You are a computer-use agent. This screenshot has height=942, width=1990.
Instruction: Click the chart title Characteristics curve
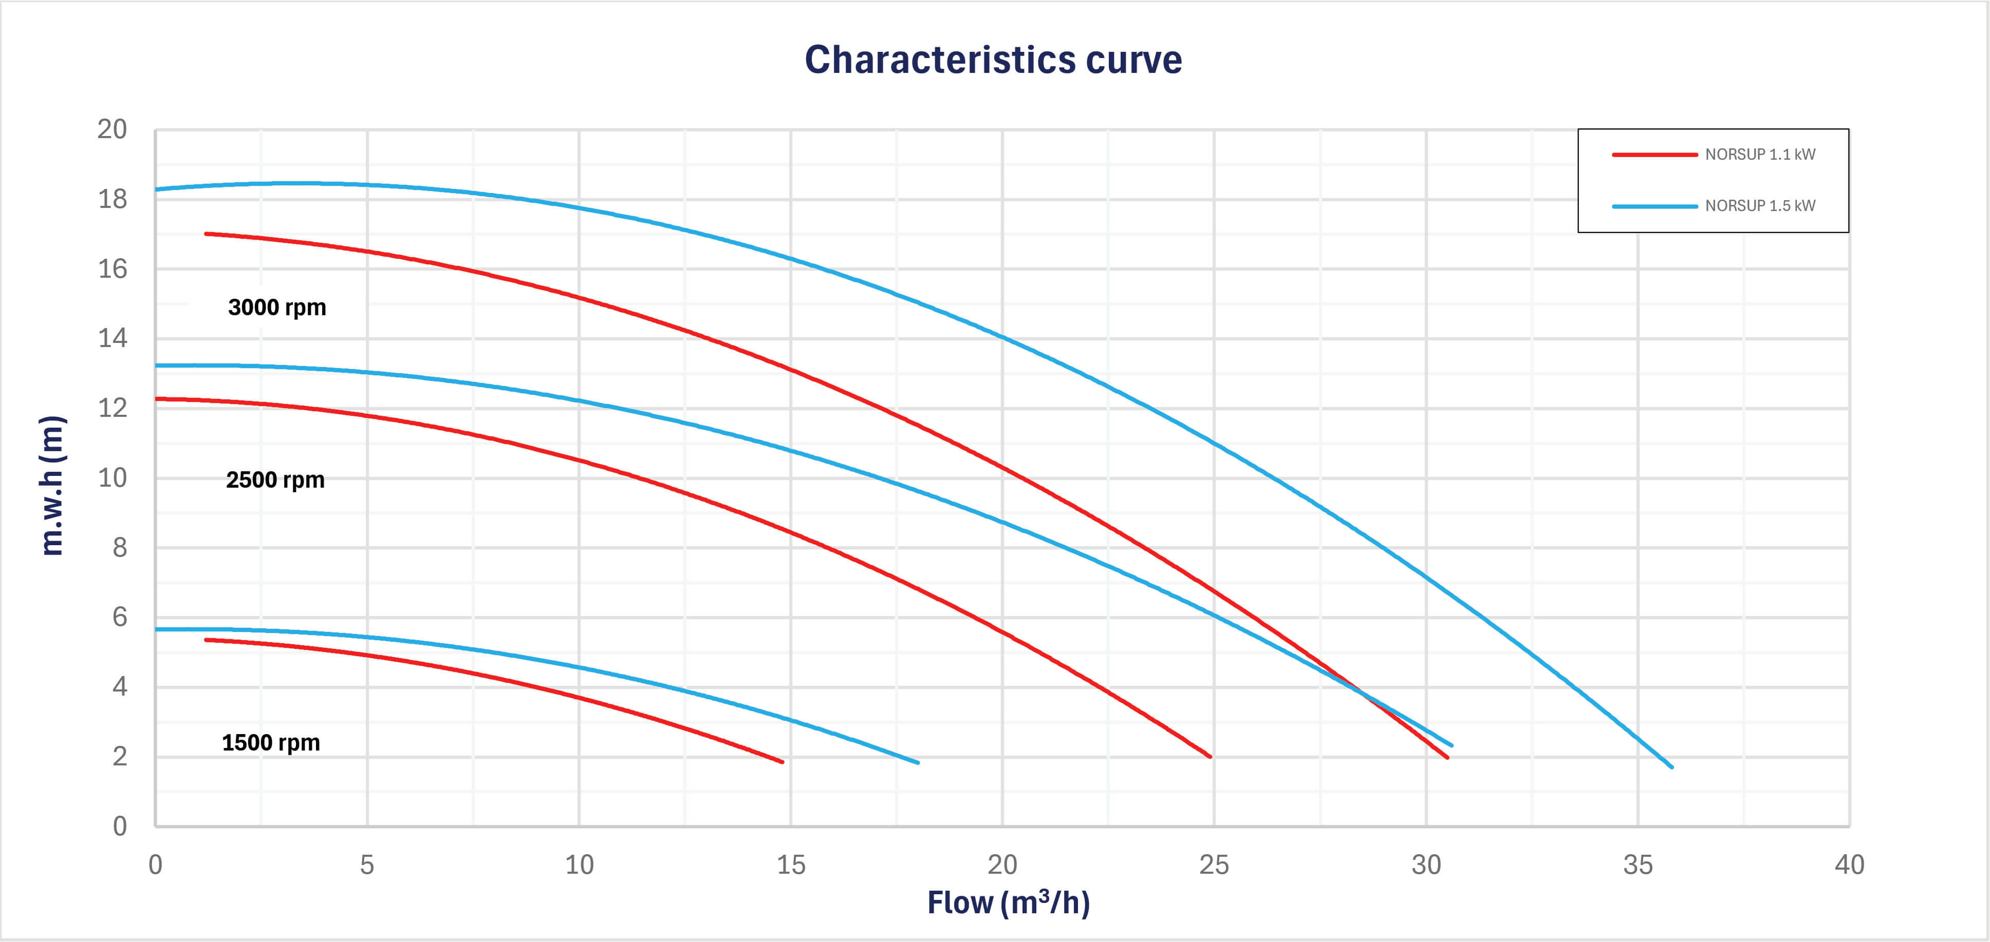993,60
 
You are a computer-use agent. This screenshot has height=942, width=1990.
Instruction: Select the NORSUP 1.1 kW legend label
1760,155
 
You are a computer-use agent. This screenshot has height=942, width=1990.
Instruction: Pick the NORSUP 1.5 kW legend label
1760,205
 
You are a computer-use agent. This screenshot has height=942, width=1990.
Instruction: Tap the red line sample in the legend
1654,155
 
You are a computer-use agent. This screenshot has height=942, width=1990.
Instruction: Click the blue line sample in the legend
1654,206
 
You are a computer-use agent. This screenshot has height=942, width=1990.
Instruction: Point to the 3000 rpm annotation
277,307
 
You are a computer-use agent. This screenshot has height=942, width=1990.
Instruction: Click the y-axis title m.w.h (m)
52,486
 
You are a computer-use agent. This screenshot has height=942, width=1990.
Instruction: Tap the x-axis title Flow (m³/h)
1008,902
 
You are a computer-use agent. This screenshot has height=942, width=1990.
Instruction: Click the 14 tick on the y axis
112,338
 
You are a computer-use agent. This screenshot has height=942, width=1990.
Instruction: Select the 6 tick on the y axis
119,617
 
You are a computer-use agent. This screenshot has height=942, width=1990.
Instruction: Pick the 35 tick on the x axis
1638,865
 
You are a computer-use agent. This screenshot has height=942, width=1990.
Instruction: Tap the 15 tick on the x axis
790,865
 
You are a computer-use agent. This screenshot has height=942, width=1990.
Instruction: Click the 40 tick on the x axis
1849,865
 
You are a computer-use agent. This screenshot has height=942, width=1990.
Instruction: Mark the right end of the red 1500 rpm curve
783,762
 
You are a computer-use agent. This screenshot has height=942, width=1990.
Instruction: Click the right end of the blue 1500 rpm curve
918,763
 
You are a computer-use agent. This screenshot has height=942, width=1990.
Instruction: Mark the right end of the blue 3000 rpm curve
1672,767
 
